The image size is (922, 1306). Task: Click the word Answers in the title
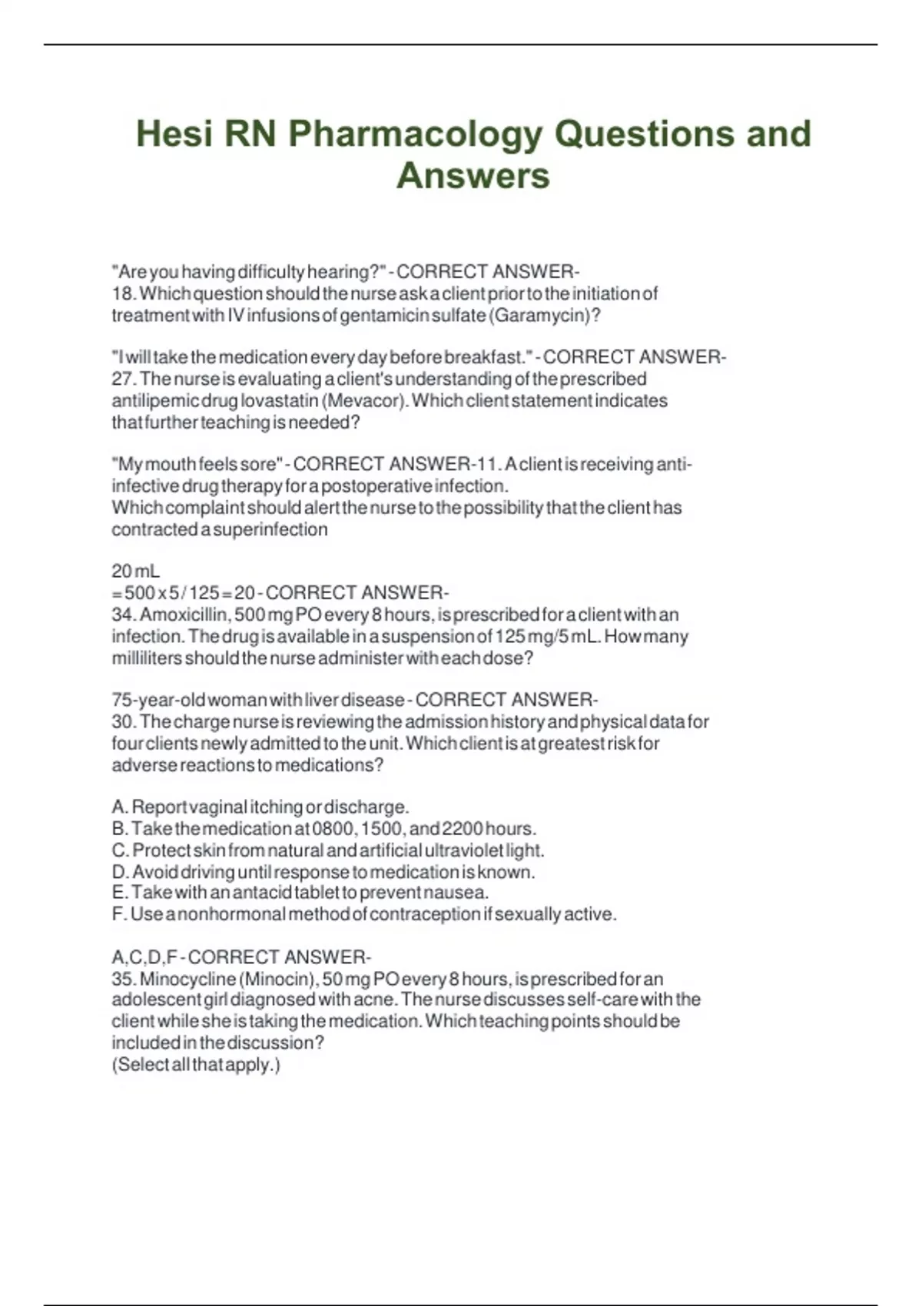(x=473, y=175)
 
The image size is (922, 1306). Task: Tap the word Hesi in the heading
(x=174, y=134)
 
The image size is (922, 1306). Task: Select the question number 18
(x=123, y=293)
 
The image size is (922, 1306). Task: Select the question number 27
(x=123, y=379)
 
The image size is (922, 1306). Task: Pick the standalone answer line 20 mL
(x=135, y=571)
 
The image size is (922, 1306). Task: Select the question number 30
(x=123, y=721)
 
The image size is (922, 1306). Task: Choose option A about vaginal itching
(x=260, y=807)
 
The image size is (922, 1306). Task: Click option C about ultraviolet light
(x=327, y=850)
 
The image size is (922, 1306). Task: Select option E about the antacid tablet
(x=300, y=893)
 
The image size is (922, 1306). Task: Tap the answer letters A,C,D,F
(x=144, y=957)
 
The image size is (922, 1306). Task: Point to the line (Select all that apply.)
(x=196, y=1065)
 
